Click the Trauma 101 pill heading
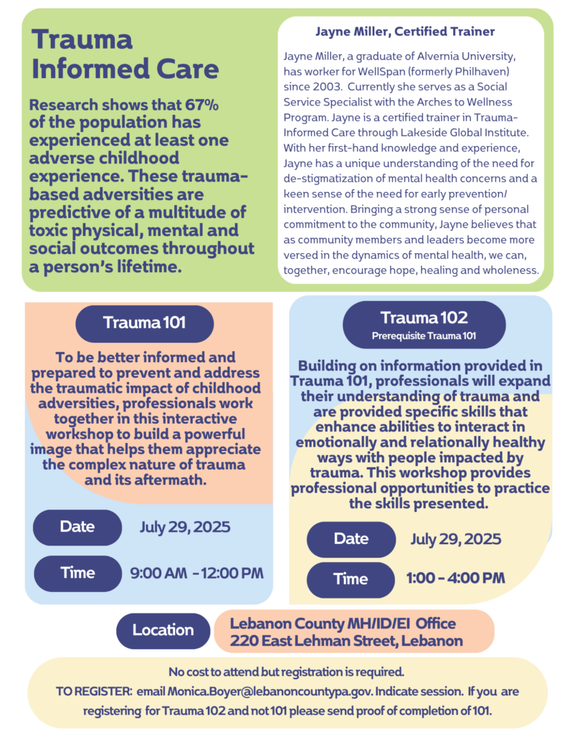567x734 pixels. [x=144, y=323]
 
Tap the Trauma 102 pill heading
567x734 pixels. [x=424, y=324]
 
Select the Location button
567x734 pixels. [x=163, y=630]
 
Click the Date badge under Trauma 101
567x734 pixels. [x=77, y=527]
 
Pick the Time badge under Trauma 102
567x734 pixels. [x=351, y=579]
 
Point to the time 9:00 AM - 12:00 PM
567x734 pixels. [x=196, y=573]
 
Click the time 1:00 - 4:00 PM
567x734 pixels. [x=455, y=578]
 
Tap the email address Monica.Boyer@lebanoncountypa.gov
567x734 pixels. [x=270, y=692]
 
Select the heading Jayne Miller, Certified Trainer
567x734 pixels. [x=404, y=32]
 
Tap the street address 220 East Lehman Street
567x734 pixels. [x=310, y=641]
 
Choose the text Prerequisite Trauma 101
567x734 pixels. [x=424, y=335]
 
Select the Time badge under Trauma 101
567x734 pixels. [x=77, y=573]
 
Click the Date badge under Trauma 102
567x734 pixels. [x=351, y=539]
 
